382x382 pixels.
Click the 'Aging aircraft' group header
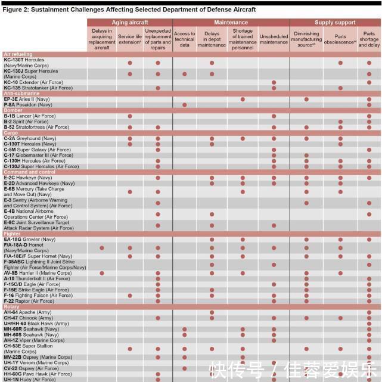click(130, 22)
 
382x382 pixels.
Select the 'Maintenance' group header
click(231, 22)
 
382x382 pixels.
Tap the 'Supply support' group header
click(335, 22)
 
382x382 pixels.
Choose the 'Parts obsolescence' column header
click(340, 36)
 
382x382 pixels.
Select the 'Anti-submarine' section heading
click(21, 94)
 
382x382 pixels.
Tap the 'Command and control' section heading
click(29, 172)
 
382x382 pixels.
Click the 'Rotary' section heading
click(12, 307)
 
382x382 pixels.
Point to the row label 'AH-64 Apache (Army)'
click(27, 312)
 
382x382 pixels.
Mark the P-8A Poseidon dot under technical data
click(185, 105)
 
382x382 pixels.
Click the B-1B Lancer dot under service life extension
click(130, 116)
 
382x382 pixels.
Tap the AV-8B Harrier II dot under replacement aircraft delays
click(102, 273)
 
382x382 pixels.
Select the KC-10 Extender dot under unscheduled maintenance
click(274, 82)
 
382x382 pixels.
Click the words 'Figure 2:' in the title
click(16, 10)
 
